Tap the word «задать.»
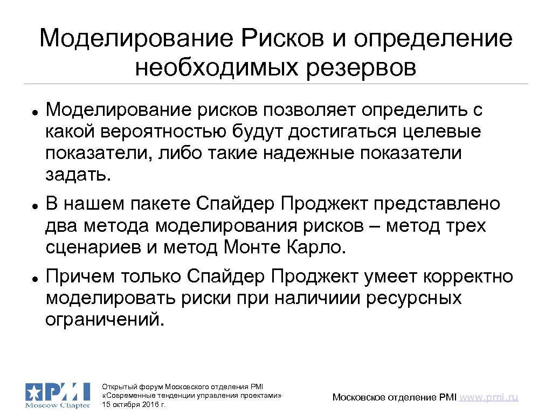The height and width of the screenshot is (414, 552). [78, 175]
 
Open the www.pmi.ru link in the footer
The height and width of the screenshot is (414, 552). [490, 397]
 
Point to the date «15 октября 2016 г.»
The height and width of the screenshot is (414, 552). [134, 404]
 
